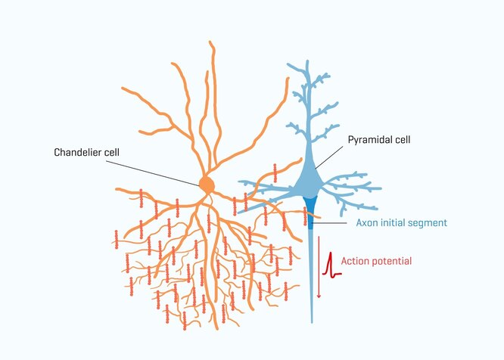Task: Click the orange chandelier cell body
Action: pos(206,184)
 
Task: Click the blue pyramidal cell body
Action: pos(310,182)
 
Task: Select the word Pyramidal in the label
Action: pos(369,140)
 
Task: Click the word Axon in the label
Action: pos(367,223)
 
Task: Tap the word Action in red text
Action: pos(354,261)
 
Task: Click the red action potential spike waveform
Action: pos(329,264)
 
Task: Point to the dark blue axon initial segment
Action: pos(310,207)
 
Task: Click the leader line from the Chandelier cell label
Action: pos(159,167)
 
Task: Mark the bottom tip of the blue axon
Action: pos(310,321)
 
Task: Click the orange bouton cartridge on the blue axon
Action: pos(305,216)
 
